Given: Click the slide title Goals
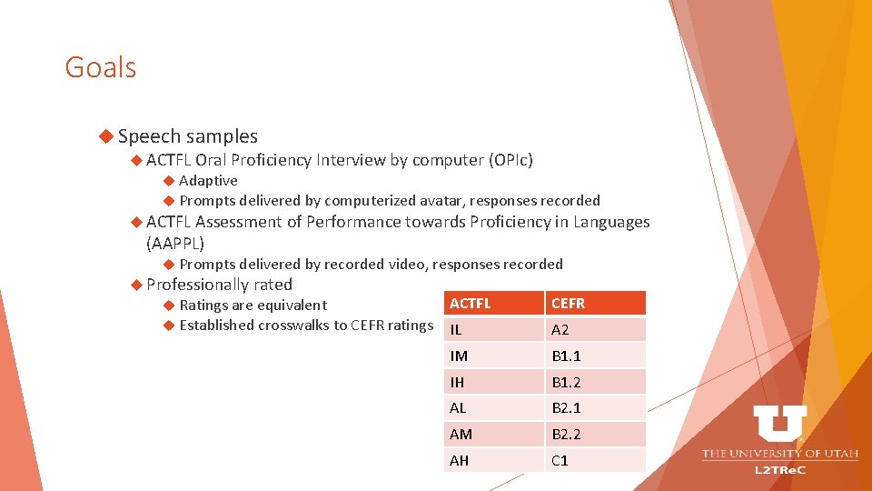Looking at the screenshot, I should pos(100,67).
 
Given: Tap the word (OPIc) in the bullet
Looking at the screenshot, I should pos(510,161).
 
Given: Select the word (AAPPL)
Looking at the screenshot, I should pos(175,244).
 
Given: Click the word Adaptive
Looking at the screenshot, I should pos(208,181).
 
